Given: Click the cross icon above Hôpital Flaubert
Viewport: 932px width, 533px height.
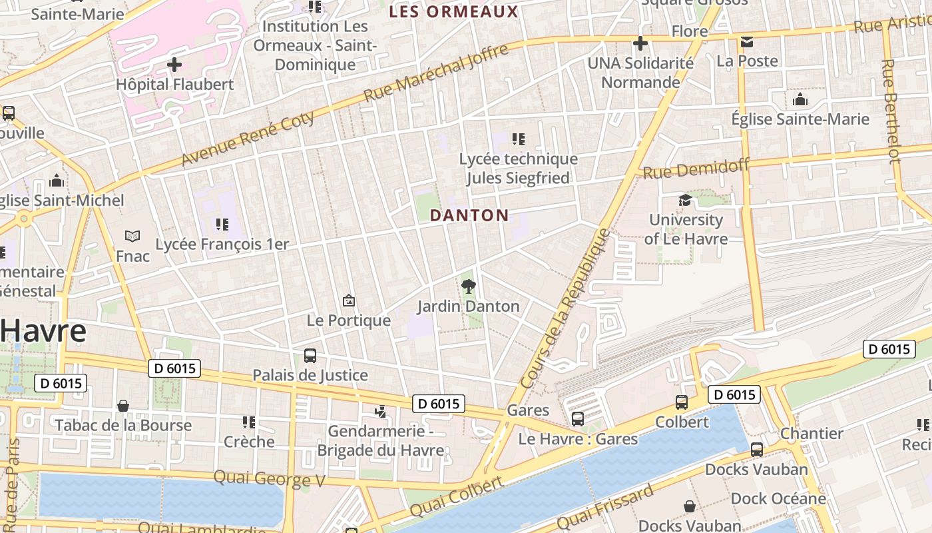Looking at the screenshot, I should [174, 65].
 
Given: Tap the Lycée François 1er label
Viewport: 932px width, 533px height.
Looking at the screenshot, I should [222, 245].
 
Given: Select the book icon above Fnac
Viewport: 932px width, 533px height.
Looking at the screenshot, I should [132, 236].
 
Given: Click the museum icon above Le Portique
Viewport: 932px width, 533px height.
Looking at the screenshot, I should [348, 300].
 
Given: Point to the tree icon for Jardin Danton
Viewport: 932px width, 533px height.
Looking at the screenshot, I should [469, 286].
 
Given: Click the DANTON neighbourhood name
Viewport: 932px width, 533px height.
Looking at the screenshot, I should [469, 215].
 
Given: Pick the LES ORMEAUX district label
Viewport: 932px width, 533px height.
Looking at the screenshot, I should [453, 11].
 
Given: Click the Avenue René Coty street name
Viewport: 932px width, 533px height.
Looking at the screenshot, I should [247, 139].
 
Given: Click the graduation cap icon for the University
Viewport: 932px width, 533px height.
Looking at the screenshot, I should [685, 200].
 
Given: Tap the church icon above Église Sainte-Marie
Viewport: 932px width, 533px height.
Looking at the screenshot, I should [800, 100].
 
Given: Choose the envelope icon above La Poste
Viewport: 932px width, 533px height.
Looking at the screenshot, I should [747, 42].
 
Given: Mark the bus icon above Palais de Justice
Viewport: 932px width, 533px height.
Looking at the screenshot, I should [310, 355].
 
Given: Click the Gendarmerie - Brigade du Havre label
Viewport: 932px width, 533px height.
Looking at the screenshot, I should [380, 440].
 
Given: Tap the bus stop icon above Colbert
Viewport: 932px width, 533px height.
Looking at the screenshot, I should [682, 402].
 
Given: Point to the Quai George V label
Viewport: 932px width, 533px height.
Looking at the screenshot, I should [268, 478].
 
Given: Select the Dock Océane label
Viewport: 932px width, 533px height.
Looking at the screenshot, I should [778, 498].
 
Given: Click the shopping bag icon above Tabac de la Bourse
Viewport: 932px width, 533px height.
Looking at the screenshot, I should [123, 406].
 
